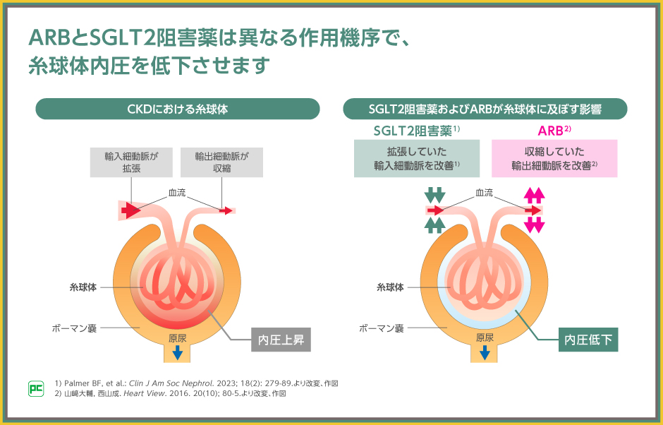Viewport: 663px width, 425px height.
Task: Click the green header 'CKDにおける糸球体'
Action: coord(177,109)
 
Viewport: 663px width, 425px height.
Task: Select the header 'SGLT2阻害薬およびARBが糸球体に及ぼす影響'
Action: coord(485,109)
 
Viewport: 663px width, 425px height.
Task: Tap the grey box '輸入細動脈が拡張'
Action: coord(131,162)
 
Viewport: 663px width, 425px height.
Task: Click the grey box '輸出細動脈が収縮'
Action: coord(222,162)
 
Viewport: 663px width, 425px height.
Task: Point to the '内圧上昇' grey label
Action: coord(281,340)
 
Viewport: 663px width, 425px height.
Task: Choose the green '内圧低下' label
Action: coord(588,340)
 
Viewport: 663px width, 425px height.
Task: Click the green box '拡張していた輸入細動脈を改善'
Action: coord(416,158)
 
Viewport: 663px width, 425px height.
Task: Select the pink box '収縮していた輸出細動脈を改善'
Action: coord(554,158)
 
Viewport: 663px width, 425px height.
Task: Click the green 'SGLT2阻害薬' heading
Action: coord(416,131)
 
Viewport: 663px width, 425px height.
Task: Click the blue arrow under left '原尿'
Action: coord(177,351)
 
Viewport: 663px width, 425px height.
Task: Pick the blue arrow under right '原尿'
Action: coord(485,351)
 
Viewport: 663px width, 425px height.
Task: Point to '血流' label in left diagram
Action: coord(177,192)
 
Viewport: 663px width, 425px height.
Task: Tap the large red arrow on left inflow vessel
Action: coord(131,210)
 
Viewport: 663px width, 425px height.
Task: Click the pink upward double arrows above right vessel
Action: coord(534,195)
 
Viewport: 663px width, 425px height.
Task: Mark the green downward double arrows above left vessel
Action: coord(435,195)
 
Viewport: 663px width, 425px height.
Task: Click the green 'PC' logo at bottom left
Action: coord(35,388)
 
